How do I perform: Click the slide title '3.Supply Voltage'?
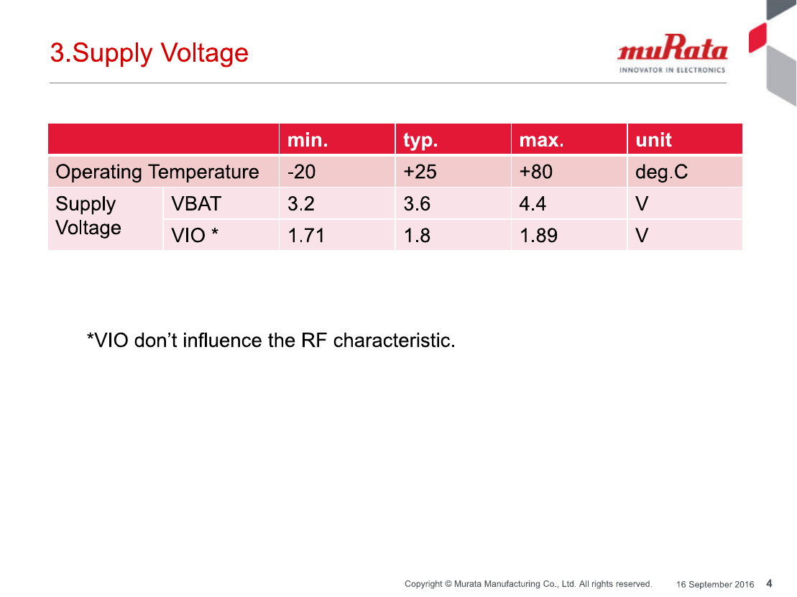(149, 53)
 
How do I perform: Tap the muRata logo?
(673, 54)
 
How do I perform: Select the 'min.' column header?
(308, 139)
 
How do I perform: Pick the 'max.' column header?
(541, 140)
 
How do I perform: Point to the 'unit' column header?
(654, 139)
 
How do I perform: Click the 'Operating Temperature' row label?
(157, 172)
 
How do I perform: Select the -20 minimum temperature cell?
(301, 172)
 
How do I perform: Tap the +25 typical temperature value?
(420, 172)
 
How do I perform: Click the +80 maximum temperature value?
(535, 172)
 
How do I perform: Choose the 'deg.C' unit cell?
(661, 172)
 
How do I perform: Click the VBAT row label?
(196, 204)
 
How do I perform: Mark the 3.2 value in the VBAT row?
(301, 204)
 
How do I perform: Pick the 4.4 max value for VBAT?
(533, 204)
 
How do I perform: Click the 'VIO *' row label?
(195, 235)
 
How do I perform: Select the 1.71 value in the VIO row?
(306, 236)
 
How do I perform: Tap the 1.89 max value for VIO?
(538, 236)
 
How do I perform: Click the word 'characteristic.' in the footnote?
(394, 341)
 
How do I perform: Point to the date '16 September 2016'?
(714, 584)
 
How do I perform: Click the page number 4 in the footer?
(769, 584)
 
